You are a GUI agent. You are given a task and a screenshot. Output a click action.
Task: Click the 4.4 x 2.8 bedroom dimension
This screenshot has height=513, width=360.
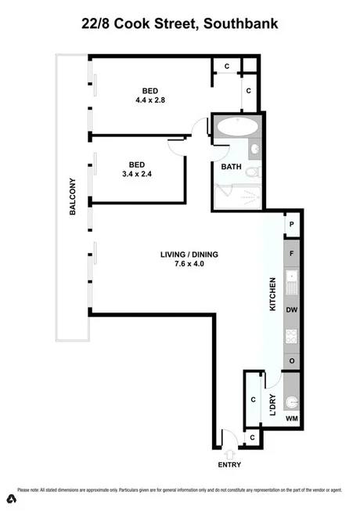coord(149,100)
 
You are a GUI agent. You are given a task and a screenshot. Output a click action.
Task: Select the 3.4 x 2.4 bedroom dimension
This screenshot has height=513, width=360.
coord(137,174)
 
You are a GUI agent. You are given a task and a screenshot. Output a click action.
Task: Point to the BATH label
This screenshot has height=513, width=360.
coord(231,167)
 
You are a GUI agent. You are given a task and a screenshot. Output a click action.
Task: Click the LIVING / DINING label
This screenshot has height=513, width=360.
coord(189,254)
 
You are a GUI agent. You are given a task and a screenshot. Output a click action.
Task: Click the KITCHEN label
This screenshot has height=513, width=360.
coord(272,294)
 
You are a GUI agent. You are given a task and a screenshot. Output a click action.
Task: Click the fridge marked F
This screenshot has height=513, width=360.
coord(291,253)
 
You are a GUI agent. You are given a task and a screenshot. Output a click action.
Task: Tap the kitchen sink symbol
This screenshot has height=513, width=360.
coord(291,282)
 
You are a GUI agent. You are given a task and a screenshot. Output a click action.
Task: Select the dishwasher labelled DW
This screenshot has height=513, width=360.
coord(291,310)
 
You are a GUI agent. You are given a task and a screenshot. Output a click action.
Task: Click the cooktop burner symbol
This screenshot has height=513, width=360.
coord(291,338)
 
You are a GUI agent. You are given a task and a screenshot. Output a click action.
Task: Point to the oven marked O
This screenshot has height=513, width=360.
coord(291,361)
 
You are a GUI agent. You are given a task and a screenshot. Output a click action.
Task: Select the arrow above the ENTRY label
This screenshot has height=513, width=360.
coord(231,452)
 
